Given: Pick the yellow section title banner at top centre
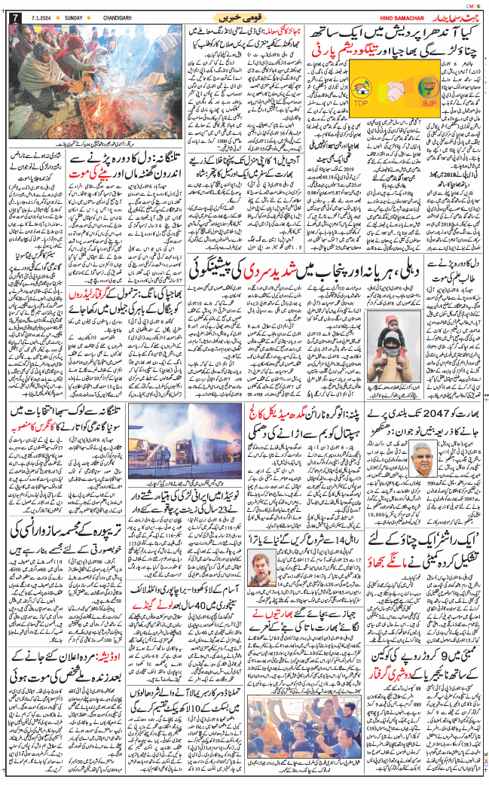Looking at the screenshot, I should (243, 17).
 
